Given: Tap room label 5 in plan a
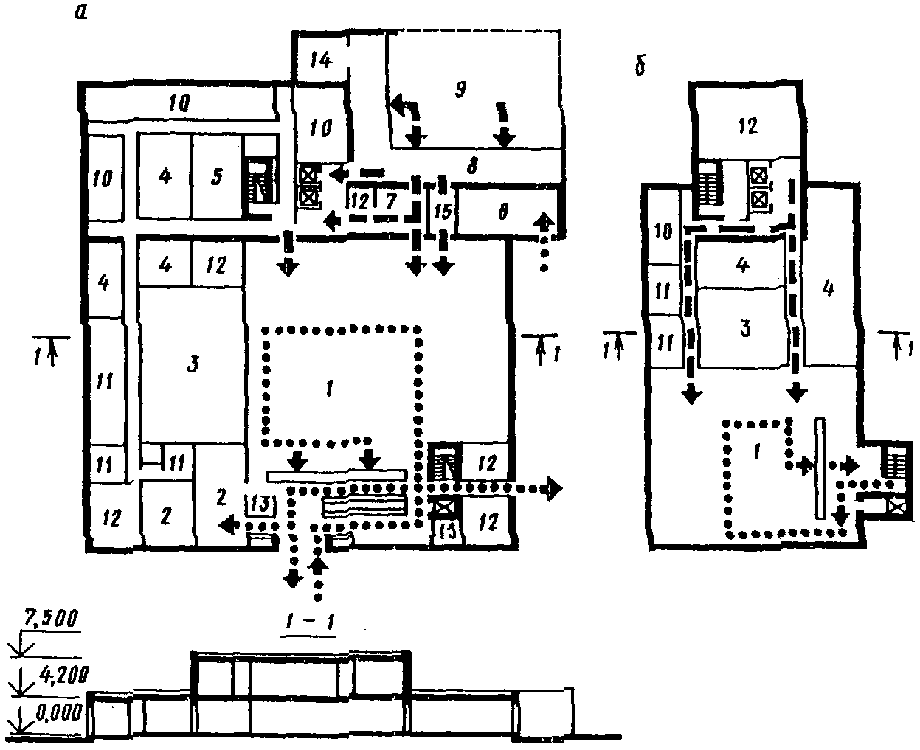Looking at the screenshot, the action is click(x=218, y=177).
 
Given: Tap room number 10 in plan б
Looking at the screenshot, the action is click(x=664, y=233).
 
